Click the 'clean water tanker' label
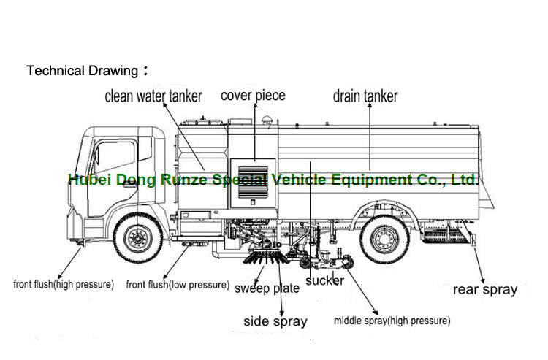tap(153, 96)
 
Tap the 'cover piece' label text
tap(253, 95)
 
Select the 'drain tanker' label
tap(365, 96)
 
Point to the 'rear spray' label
tap(484, 289)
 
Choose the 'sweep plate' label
tap(267, 288)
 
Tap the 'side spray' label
tap(275, 321)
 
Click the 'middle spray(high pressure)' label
tap(392, 321)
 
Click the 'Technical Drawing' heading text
tap(82, 71)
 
